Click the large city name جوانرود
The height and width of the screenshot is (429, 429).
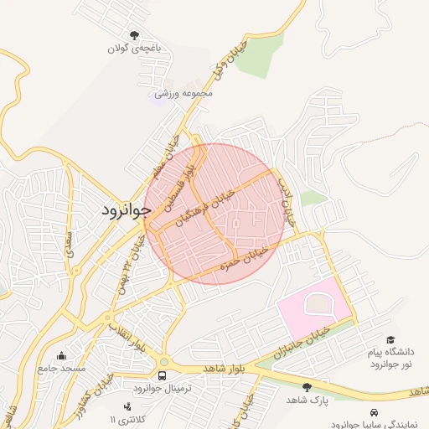point(125,209)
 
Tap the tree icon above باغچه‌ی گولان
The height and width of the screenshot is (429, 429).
point(133,35)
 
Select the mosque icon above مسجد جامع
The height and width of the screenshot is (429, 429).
point(60,355)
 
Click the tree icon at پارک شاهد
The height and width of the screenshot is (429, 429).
point(307,387)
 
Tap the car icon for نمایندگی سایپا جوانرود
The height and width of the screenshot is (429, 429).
point(372,412)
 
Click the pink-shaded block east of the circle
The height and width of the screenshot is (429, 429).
point(314,311)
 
